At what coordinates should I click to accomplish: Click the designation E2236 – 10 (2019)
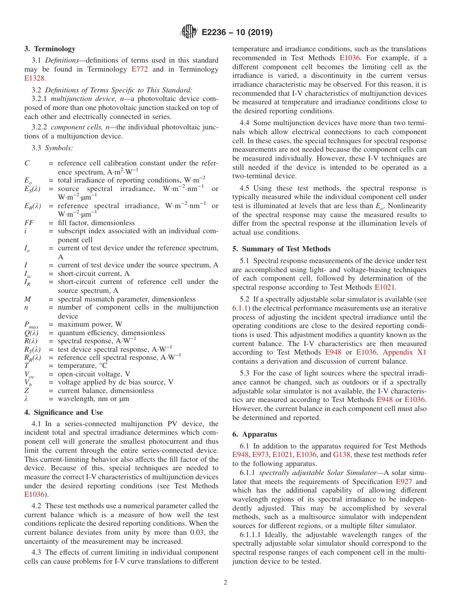coord(237,33)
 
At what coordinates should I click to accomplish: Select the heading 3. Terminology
coord(50,49)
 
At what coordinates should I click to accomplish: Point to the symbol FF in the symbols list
coord(29,223)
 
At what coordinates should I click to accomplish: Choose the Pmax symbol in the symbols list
coord(31,325)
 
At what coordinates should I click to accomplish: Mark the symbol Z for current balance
coord(27,391)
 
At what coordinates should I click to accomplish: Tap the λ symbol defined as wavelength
coord(27,399)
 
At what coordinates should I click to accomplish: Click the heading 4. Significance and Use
coord(63,412)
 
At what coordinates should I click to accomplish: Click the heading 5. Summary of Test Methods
coord(281,249)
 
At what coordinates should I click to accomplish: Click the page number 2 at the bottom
coord(225,583)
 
